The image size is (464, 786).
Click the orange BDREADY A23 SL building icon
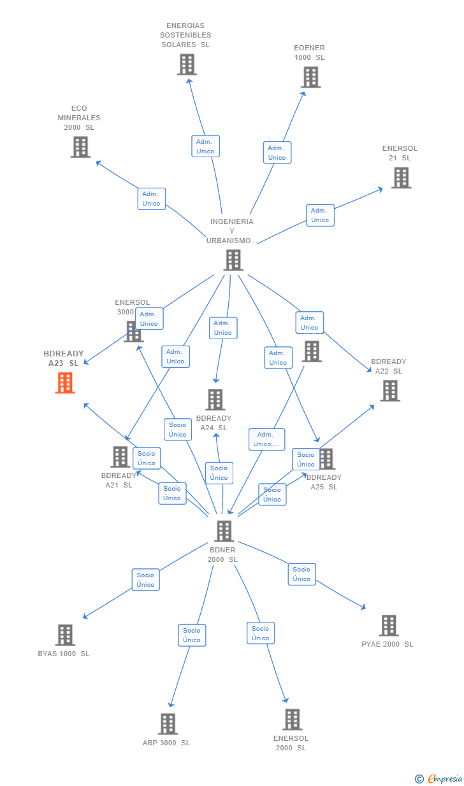(x=65, y=382)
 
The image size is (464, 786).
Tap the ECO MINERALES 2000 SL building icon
(x=80, y=147)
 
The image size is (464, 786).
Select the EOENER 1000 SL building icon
(x=310, y=77)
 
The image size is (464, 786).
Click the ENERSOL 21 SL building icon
(x=401, y=178)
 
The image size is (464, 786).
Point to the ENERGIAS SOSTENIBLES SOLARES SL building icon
(x=187, y=64)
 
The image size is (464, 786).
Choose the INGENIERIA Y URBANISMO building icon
(x=233, y=260)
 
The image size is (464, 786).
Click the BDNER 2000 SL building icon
(x=224, y=531)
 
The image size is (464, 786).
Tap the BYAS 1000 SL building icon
(x=65, y=635)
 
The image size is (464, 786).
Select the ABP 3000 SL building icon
(x=168, y=724)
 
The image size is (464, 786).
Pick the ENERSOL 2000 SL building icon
(x=292, y=719)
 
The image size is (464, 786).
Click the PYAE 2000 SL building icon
(x=389, y=625)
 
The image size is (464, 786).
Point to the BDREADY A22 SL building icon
(x=390, y=390)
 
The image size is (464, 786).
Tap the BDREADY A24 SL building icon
(x=215, y=399)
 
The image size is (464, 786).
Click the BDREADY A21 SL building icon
(x=120, y=456)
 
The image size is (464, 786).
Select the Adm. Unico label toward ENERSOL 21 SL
(x=320, y=215)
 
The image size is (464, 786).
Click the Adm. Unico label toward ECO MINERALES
(x=151, y=199)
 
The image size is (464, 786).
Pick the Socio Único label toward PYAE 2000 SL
(x=301, y=574)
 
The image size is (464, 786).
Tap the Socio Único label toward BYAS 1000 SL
(x=145, y=580)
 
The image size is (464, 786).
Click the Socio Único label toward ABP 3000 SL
(x=192, y=635)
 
